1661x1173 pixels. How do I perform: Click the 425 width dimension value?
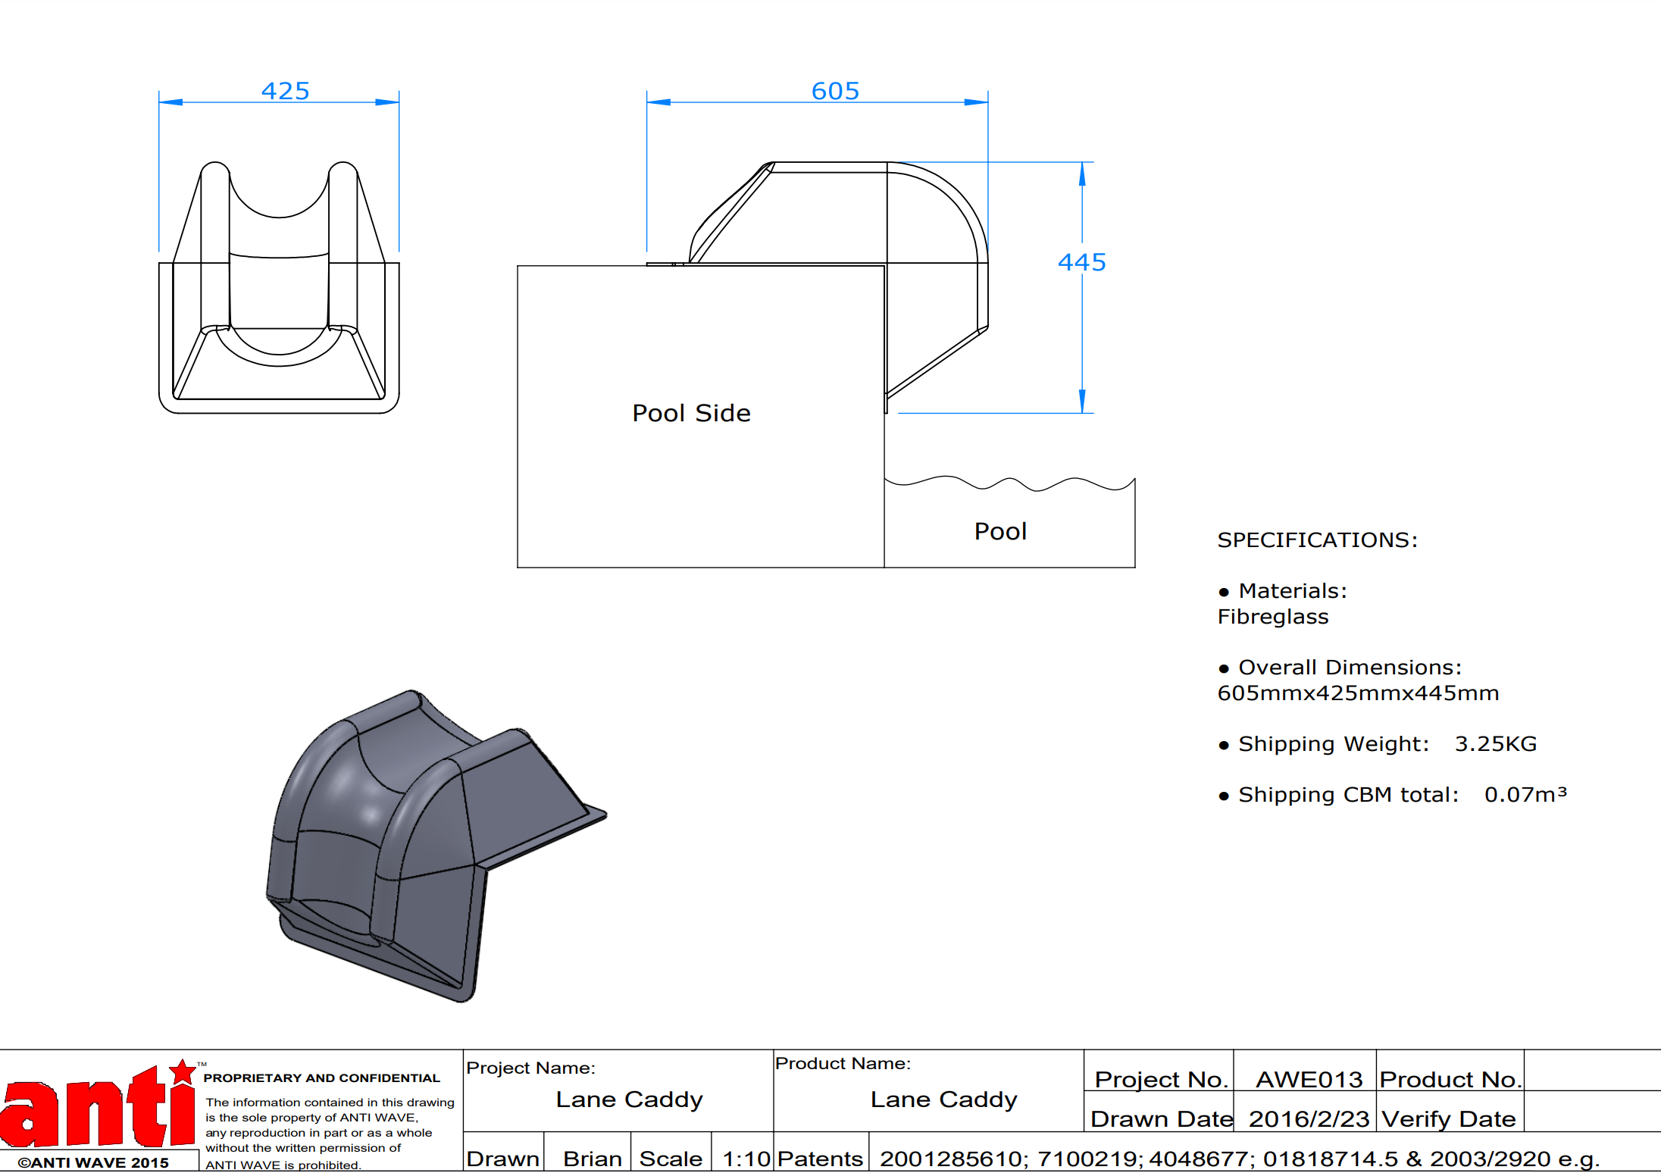point(286,91)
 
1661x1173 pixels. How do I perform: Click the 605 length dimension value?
point(836,91)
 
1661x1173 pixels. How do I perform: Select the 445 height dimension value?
point(1082,262)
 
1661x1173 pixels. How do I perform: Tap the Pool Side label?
point(691,413)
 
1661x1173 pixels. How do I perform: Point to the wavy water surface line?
point(1009,483)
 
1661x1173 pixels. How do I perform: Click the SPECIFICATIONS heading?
point(1317,540)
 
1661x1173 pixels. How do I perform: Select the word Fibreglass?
point(1273,617)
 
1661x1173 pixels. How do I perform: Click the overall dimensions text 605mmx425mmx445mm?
point(1358,693)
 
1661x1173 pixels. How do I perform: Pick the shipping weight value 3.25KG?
point(1496,744)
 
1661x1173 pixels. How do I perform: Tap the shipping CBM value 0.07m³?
point(1525,794)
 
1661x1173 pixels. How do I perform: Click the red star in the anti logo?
point(183,1072)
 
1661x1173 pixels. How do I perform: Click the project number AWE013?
point(1309,1079)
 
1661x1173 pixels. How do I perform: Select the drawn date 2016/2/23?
point(1309,1119)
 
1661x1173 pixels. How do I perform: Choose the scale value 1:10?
point(746,1159)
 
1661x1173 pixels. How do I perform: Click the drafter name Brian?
point(593,1159)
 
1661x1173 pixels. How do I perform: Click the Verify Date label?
point(1448,1119)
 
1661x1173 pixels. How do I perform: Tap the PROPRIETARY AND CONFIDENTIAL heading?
point(321,1078)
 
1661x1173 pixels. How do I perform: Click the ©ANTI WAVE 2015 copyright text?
point(93,1162)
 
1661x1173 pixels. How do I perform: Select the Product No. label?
point(1450,1079)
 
